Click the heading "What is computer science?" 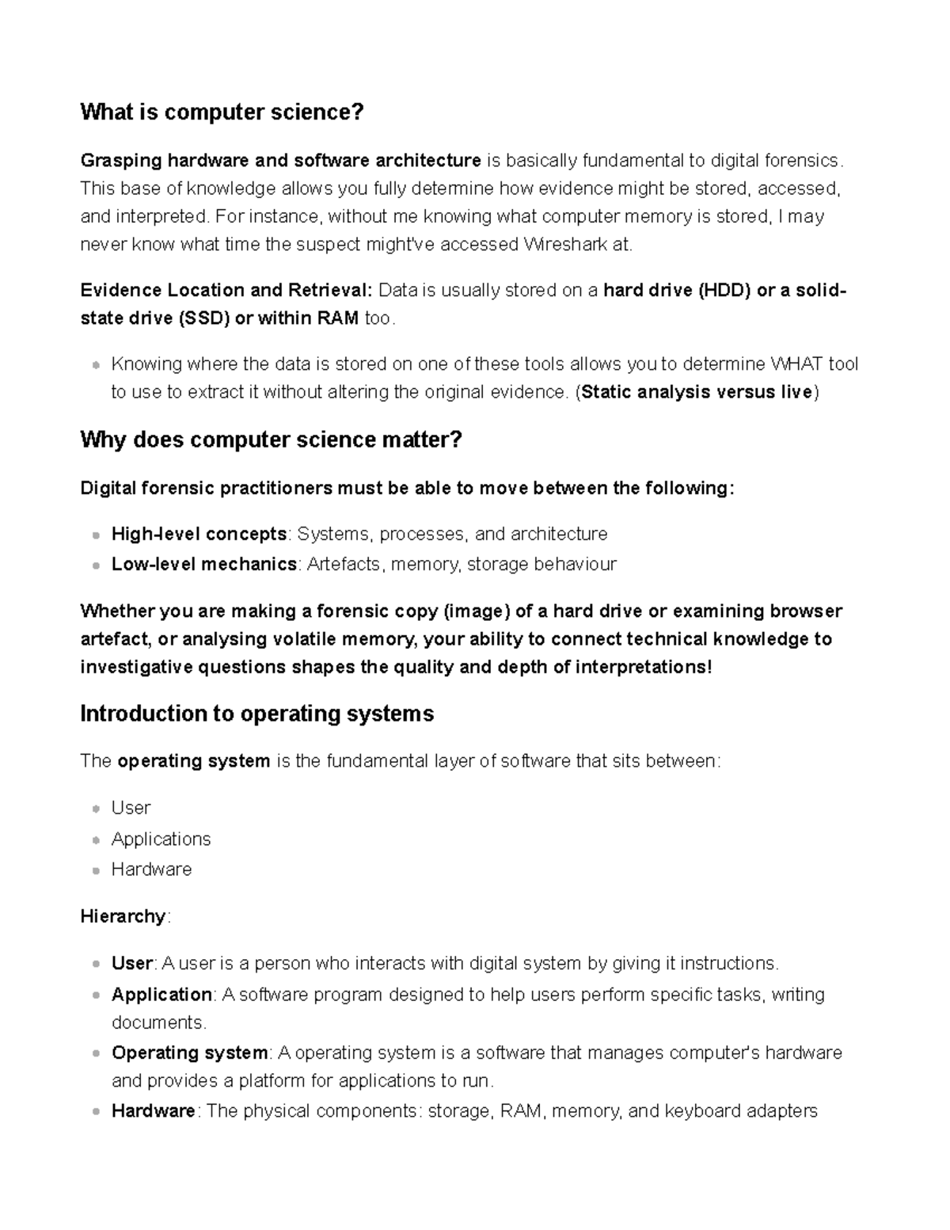[x=222, y=112]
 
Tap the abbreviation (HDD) [x=724, y=291]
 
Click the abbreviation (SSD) [x=204, y=318]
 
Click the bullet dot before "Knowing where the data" [x=96, y=365]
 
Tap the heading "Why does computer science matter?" [x=271, y=440]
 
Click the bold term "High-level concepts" [x=199, y=535]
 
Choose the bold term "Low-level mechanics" [x=204, y=565]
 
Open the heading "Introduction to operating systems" [x=256, y=714]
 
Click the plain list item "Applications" [x=161, y=839]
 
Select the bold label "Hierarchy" [x=123, y=916]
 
